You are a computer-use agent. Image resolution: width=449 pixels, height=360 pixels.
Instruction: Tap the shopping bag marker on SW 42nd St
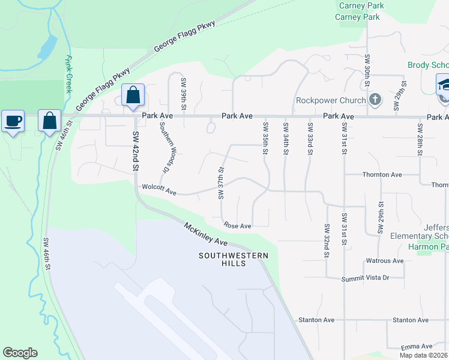click(x=133, y=96)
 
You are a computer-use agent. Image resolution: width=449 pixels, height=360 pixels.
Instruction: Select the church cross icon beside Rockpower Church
click(x=375, y=99)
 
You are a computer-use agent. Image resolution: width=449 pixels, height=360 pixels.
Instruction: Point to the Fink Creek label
click(x=68, y=74)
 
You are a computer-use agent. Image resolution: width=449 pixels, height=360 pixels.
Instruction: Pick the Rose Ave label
click(x=237, y=226)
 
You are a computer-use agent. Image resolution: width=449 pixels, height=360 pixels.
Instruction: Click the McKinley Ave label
click(x=206, y=234)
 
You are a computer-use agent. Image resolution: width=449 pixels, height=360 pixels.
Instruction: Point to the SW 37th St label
click(x=221, y=183)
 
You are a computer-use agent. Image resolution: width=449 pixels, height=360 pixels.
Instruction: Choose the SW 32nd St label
click(x=327, y=241)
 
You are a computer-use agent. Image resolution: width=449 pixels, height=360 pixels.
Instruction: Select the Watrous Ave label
click(x=385, y=261)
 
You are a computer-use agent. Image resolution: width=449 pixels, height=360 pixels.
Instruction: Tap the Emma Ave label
click(x=418, y=347)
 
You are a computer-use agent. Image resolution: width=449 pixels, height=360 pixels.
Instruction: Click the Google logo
click(x=20, y=353)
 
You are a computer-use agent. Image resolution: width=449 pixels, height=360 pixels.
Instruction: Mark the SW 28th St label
click(x=420, y=139)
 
